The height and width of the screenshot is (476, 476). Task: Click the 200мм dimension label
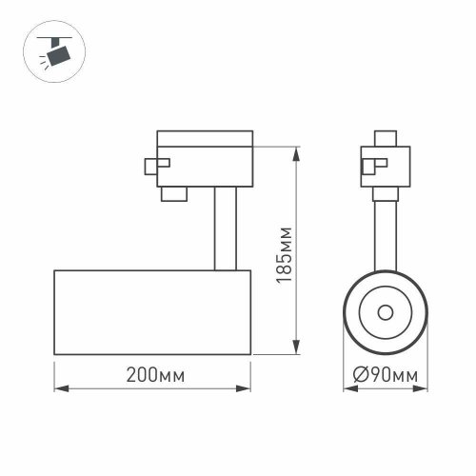(x=152, y=376)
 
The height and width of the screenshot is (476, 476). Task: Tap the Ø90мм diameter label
(x=385, y=376)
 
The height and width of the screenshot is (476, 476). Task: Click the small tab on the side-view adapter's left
(x=150, y=166)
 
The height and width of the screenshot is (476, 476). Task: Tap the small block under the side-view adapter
(x=173, y=194)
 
